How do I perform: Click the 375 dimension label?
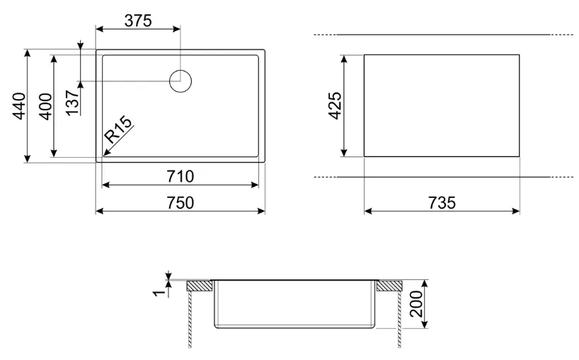pyautogui.click(x=138, y=21)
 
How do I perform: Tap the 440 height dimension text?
pyautogui.click(x=20, y=106)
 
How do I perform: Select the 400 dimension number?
pyautogui.click(x=46, y=106)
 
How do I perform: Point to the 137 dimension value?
pyautogui.click(x=73, y=103)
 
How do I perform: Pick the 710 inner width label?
pyautogui.click(x=180, y=176)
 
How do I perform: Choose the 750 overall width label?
pyautogui.click(x=180, y=202)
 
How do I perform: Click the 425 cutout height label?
pyautogui.click(x=335, y=105)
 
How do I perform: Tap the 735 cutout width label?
pyautogui.click(x=442, y=202)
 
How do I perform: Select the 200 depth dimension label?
pyautogui.click(x=416, y=303)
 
